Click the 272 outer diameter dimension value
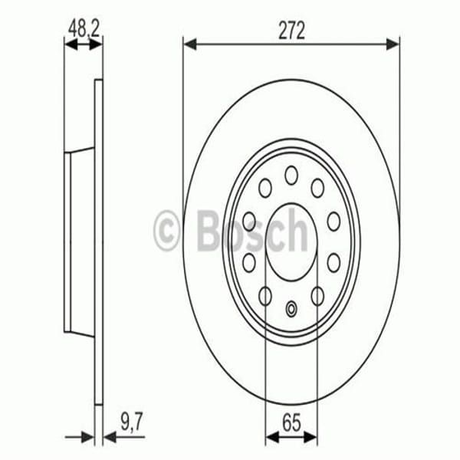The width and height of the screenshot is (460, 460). click(291, 30)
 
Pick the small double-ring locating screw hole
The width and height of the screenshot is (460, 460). click(291, 309)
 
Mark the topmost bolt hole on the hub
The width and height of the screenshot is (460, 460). click(291, 176)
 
